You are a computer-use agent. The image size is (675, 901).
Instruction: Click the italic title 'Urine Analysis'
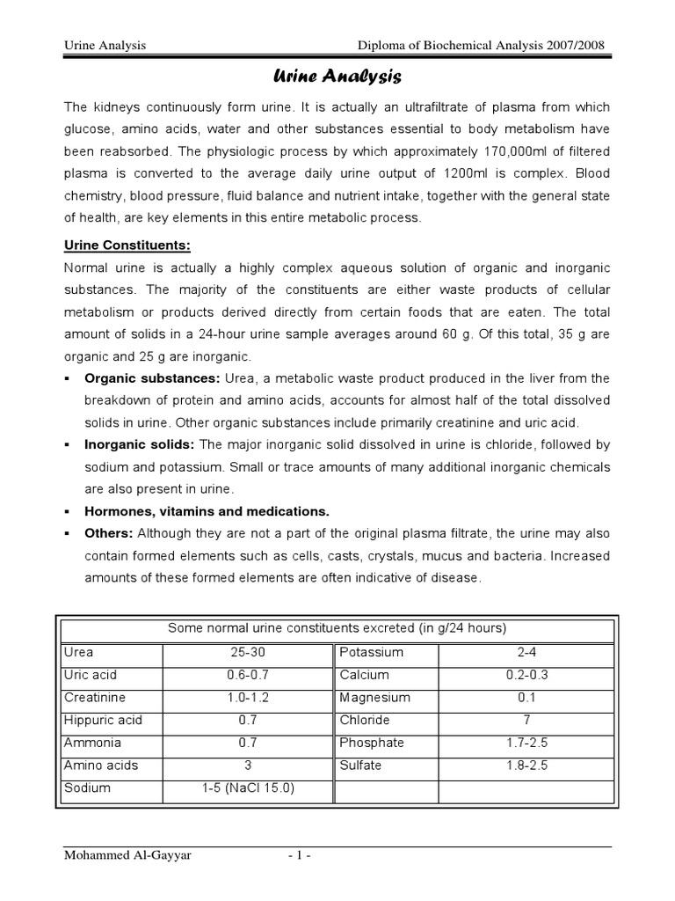click(x=338, y=78)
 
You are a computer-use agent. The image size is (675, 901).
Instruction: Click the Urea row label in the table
click(x=79, y=652)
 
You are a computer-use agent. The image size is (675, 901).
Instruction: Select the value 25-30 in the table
click(x=247, y=652)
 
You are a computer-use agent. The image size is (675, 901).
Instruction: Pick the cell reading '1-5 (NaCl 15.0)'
click(x=247, y=787)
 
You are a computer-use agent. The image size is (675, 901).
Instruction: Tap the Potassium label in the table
click(x=371, y=652)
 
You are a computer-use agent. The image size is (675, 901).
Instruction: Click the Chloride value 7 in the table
click(x=526, y=720)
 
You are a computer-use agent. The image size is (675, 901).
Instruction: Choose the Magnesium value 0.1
click(x=526, y=697)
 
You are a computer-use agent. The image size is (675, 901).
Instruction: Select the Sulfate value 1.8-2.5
click(x=526, y=765)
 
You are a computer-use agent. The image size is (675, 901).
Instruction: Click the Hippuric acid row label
click(x=103, y=720)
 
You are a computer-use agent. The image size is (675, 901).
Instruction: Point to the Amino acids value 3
click(x=247, y=765)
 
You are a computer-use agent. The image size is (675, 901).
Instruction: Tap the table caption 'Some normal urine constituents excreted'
click(x=337, y=627)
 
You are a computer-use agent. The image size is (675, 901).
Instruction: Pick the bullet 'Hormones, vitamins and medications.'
click(x=207, y=511)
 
